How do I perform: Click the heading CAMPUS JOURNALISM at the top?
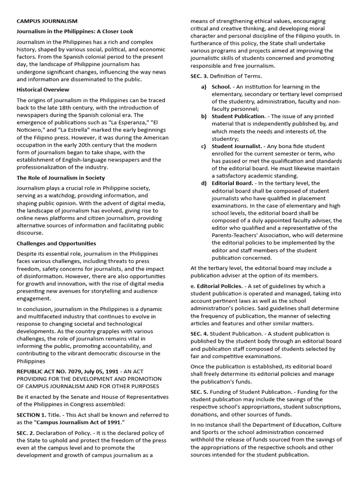point(47,21)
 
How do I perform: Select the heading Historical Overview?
point(43,90)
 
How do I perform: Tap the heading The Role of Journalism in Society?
point(60,178)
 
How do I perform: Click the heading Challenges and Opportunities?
point(56,243)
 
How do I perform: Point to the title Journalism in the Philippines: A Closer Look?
point(75,31)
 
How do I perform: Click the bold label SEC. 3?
point(199,76)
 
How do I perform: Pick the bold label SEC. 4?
point(199,333)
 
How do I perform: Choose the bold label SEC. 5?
point(199,392)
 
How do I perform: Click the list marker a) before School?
point(204,87)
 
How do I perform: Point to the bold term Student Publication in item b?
point(238,116)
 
